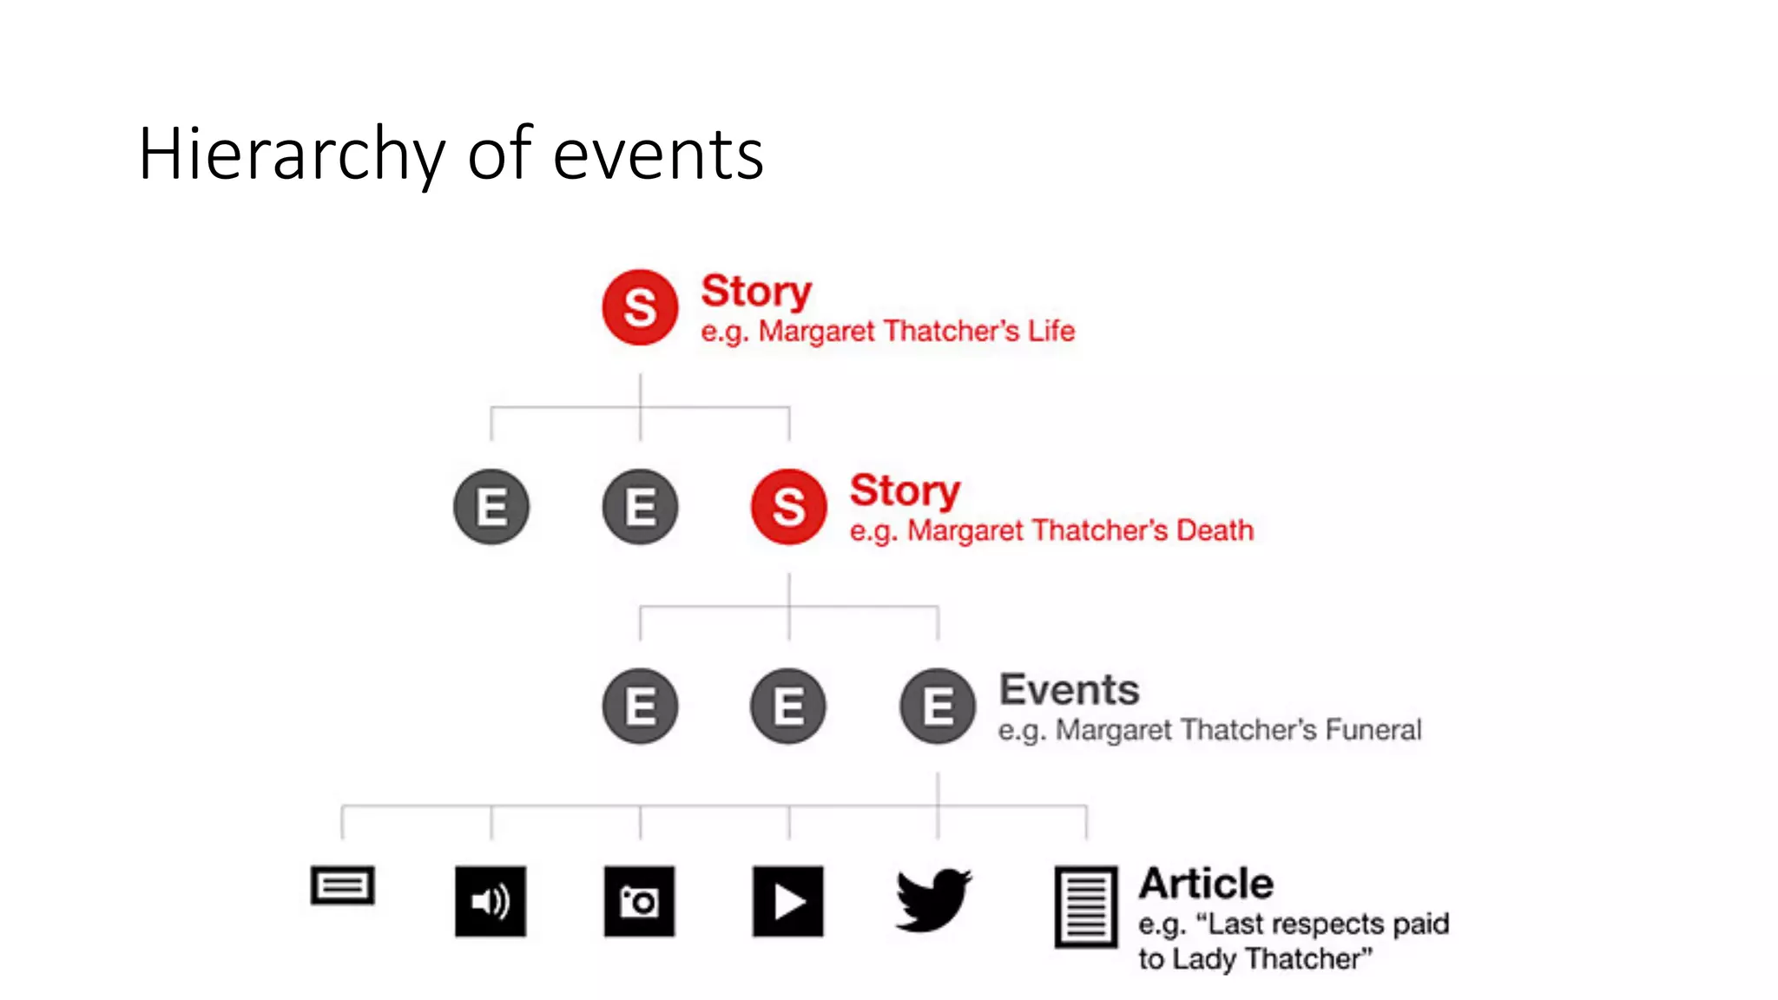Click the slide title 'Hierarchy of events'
click(x=450, y=154)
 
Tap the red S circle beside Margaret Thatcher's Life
click(x=640, y=307)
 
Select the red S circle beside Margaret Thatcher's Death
click(x=788, y=507)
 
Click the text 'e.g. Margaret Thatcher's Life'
click(x=887, y=332)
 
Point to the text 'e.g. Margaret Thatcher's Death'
click(x=1050, y=530)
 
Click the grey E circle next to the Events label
click(x=937, y=706)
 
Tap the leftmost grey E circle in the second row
click(x=491, y=507)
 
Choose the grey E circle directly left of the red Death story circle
click(x=640, y=507)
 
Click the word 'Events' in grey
click(x=1069, y=690)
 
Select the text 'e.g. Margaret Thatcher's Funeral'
click(x=1209, y=730)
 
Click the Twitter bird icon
click(x=933, y=900)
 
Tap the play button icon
click(x=787, y=901)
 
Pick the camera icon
click(x=639, y=901)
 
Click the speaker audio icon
click(x=491, y=901)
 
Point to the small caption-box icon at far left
click(x=342, y=885)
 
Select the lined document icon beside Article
click(x=1085, y=906)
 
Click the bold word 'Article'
click(x=1206, y=884)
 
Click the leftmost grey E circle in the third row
click(x=640, y=706)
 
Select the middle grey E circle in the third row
click(x=788, y=706)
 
